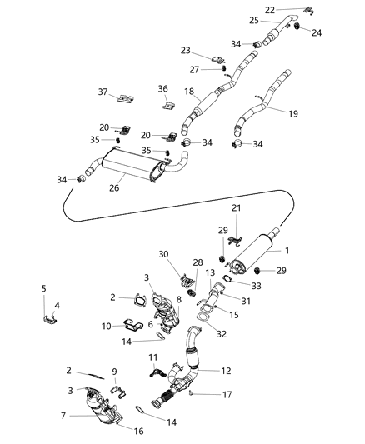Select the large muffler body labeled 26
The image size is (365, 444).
click(x=133, y=167)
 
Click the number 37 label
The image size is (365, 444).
click(x=102, y=92)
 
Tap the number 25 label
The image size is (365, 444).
click(x=252, y=20)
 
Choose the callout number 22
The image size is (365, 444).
click(x=292, y=9)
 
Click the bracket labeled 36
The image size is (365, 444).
click(x=167, y=107)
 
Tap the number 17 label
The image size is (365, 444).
click(x=215, y=393)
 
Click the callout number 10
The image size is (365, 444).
click(x=107, y=326)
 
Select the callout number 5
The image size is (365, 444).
click(x=43, y=288)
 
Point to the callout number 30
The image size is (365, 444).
click(x=163, y=255)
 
